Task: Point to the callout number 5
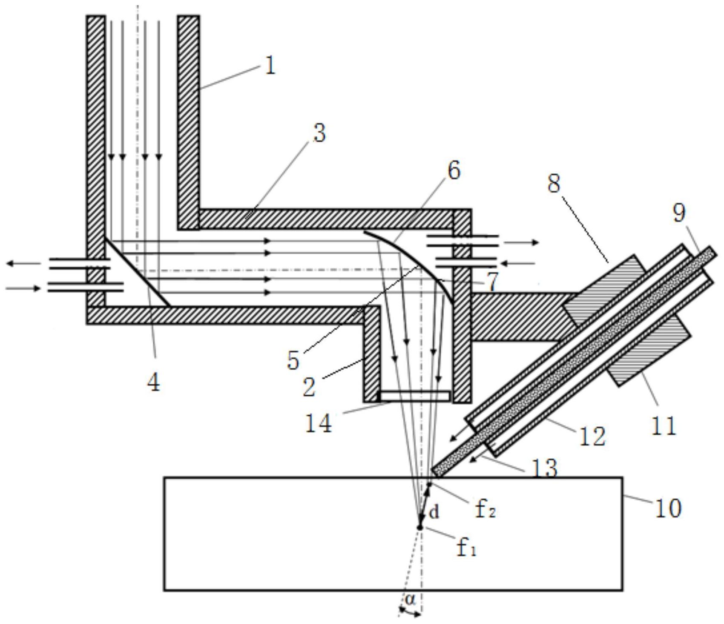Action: pyautogui.click(x=293, y=360)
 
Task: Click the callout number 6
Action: pyautogui.click(x=454, y=170)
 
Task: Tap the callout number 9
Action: pyautogui.click(x=680, y=212)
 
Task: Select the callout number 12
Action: pyautogui.click(x=592, y=436)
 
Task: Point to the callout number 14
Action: pyautogui.click(x=319, y=423)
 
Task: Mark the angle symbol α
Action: pyautogui.click(x=410, y=599)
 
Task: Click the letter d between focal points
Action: pyautogui.click(x=434, y=512)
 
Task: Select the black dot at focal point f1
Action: pyautogui.click(x=419, y=527)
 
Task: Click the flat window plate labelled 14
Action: pyautogui.click(x=414, y=396)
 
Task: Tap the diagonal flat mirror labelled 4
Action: pyautogui.click(x=138, y=272)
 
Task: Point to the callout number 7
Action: pyautogui.click(x=492, y=281)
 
